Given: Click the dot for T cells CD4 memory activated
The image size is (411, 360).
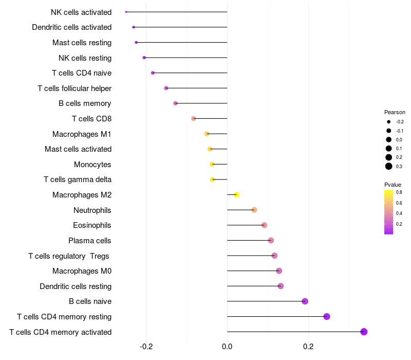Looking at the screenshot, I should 364,332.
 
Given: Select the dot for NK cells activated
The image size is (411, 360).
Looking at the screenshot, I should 126,12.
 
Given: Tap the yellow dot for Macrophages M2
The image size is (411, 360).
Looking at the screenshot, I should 236,194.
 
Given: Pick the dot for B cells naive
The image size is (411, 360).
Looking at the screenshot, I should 305,301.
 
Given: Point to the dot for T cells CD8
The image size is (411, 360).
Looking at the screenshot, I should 194,119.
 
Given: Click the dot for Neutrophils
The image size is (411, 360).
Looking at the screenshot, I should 254,210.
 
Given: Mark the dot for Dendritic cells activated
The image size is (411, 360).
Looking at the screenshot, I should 134,27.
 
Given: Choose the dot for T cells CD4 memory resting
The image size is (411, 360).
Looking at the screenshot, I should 327,316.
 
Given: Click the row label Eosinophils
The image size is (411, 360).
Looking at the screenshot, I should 92,225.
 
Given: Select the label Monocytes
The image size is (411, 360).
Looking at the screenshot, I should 92,165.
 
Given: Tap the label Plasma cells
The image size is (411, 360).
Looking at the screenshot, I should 90,240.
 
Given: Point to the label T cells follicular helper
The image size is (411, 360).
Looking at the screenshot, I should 74,88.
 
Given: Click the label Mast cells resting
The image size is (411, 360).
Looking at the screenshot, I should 82,42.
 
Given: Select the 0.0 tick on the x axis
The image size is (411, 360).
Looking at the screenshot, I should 227,347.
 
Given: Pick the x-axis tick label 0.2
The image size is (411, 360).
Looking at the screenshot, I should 308,347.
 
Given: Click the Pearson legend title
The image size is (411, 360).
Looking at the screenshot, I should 395,112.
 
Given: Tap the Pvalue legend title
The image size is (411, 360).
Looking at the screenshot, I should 393,185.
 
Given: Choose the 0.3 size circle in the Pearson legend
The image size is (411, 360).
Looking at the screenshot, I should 389,166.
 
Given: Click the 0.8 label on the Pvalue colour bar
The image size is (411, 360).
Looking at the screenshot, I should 399,192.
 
